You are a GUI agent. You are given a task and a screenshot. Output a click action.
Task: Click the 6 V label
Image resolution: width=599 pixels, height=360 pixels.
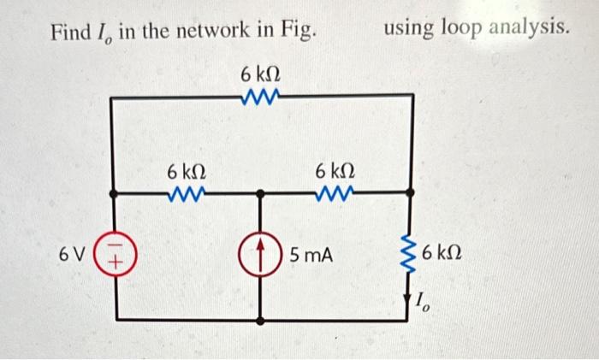click(71, 255)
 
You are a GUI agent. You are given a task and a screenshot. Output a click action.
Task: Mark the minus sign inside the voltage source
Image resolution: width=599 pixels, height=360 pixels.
click(113, 247)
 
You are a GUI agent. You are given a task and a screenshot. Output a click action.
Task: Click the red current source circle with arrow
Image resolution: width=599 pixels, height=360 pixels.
click(262, 255)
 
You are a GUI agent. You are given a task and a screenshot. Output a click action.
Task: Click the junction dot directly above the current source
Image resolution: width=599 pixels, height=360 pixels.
click(261, 194)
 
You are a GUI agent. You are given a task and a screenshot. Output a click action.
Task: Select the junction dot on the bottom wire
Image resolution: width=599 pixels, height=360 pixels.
click(261, 320)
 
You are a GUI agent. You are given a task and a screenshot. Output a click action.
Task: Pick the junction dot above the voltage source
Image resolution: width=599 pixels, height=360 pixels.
click(113, 194)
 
